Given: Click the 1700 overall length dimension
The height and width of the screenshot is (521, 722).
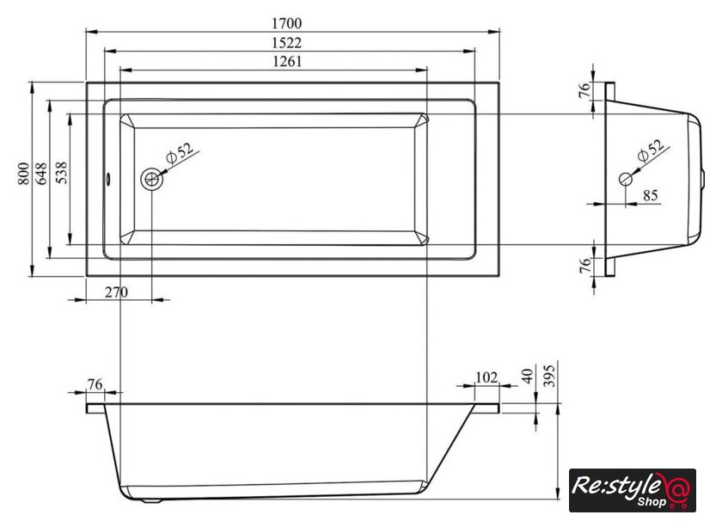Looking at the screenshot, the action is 286,23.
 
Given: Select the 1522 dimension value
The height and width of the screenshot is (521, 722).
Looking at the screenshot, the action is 286,43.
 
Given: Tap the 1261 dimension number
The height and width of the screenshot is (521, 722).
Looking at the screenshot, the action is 286,61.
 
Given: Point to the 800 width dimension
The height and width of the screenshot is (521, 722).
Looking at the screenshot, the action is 23,174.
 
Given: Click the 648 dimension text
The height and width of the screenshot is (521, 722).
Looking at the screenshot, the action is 41,174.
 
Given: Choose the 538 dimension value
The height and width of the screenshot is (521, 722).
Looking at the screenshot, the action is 61,173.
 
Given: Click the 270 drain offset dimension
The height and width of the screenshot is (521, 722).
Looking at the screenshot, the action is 116,292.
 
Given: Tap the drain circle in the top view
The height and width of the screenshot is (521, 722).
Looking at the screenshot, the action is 151,179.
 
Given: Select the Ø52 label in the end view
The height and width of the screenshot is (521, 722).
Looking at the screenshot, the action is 651,150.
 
